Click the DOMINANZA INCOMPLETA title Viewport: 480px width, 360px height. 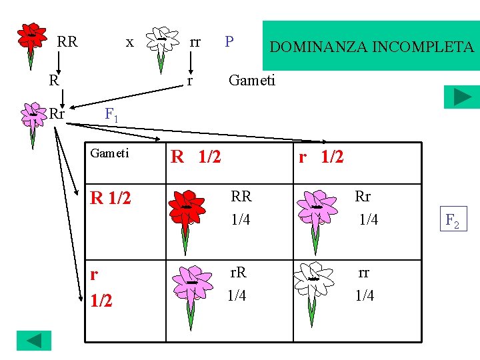tap(371, 47)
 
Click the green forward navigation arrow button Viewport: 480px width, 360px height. tap(462, 97)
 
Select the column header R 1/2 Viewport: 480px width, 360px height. tap(196, 157)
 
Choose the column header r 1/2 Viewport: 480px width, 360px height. tap(321, 157)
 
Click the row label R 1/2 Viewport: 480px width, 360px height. tap(111, 198)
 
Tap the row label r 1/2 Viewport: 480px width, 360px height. tap(101, 287)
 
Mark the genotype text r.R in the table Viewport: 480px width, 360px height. tap(238, 272)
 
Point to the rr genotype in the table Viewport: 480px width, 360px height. tap(364, 272)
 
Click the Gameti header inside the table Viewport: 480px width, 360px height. tap(110, 153)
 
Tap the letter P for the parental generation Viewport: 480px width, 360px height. tap(229, 42)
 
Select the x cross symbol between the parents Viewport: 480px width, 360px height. tap(130, 42)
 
